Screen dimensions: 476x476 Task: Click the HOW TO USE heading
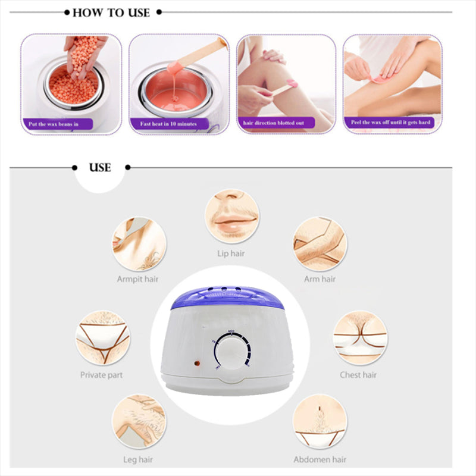111,12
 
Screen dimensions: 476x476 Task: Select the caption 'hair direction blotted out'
274,123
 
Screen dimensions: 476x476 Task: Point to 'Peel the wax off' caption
390,123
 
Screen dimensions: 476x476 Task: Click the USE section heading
100,168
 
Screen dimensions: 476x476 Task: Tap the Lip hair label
231,253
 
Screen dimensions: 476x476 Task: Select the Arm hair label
320,278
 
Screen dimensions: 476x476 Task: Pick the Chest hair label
358,375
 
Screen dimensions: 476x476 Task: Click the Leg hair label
138,459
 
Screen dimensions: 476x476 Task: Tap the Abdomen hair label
321,459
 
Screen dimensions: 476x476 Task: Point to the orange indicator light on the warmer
194,362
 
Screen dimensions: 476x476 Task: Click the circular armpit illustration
140,244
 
